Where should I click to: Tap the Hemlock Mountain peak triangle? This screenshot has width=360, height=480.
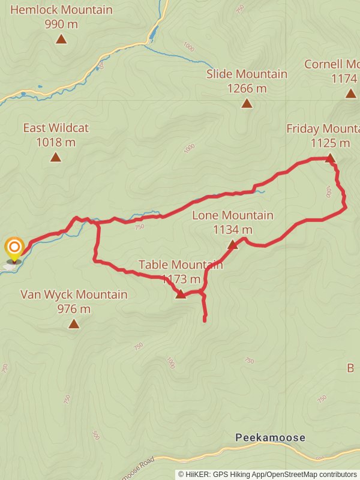[x=61, y=39]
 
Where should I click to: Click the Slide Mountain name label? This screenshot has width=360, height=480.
[x=247, y=74]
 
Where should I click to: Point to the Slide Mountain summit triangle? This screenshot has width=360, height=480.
[x=247, y=103]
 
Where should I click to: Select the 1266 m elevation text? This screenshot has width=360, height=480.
[x=247, y=88]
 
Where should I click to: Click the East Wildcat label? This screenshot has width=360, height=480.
[x=55, y=128]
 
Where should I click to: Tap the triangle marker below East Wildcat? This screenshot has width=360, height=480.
[x=56, y=157]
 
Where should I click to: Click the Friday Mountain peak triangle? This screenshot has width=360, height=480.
[x=329, y=158]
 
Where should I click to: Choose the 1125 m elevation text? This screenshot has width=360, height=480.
[x=330, y=143]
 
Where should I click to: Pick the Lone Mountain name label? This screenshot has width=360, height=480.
[x=232, y=215]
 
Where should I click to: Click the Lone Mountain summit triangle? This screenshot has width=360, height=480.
[x=233, y=244]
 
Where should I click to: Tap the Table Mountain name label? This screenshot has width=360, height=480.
[x=181, y=265]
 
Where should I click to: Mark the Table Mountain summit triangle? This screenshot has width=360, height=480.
[x=181, y=294]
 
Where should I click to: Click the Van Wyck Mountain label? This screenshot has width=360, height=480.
[x=74, y=295]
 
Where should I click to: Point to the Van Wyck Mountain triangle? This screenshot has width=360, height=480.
[x=74, y=324]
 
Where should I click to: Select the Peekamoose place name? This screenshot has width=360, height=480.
[x=270, y=438]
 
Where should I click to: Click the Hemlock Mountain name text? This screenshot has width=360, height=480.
[x=61, y=10]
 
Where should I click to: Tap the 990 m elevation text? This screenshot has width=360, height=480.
[x=61, y=24]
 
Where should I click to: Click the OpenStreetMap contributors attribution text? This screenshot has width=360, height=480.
[x=311, y=475]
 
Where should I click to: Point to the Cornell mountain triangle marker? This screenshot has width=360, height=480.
[x=350, y=93]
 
